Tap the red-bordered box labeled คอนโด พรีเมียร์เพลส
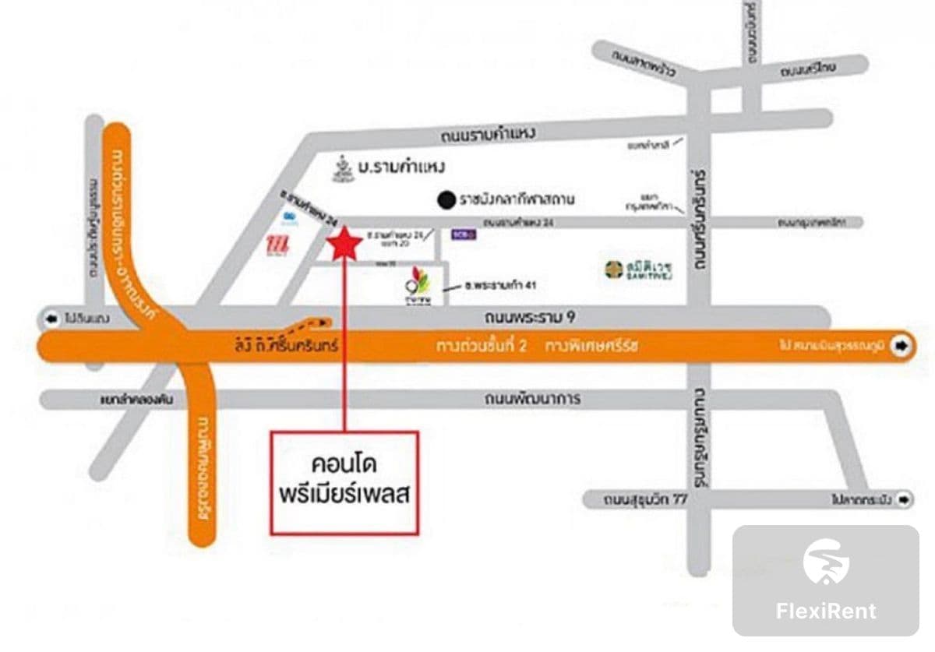tap(344, 482)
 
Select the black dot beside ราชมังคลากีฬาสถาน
tap(446, 199)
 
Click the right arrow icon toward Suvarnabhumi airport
tap(901, 346)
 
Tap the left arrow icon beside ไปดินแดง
tap(53, 319)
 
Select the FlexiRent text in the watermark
tap(826, 611)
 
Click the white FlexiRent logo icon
tap(826, 562)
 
